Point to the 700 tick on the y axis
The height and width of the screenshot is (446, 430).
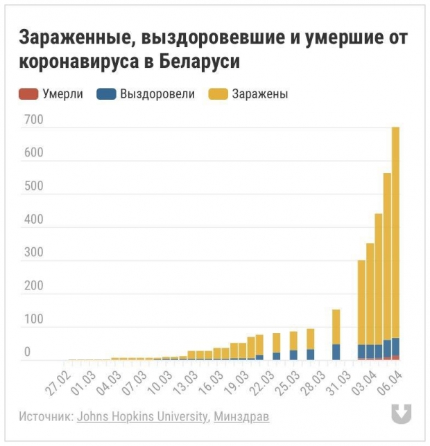(34, 121)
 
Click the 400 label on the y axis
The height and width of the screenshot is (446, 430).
(34, 220)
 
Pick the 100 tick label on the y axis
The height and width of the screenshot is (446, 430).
(34, 320)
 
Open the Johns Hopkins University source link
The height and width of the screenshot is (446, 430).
(142, 417)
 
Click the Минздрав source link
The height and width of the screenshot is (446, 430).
(241, 417)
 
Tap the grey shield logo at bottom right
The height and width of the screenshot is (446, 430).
(401, 413)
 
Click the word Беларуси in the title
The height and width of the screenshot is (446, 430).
(200, 61)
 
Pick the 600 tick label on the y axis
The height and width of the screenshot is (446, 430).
(34, 154)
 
